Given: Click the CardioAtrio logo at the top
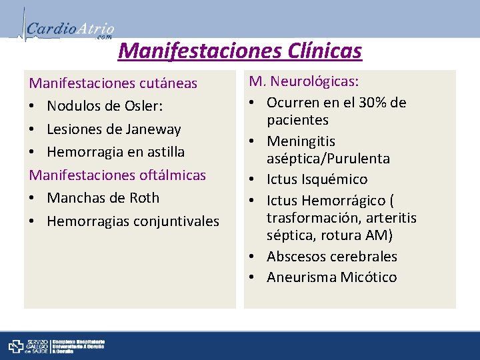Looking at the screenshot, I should tap(67, 28).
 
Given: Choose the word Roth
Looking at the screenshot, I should tap(145, 198).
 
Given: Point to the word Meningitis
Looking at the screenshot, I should tap(301, 141).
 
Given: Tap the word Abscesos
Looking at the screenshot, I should tap(295, 257).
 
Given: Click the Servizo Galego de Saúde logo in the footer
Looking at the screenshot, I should tap(26, 346).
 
